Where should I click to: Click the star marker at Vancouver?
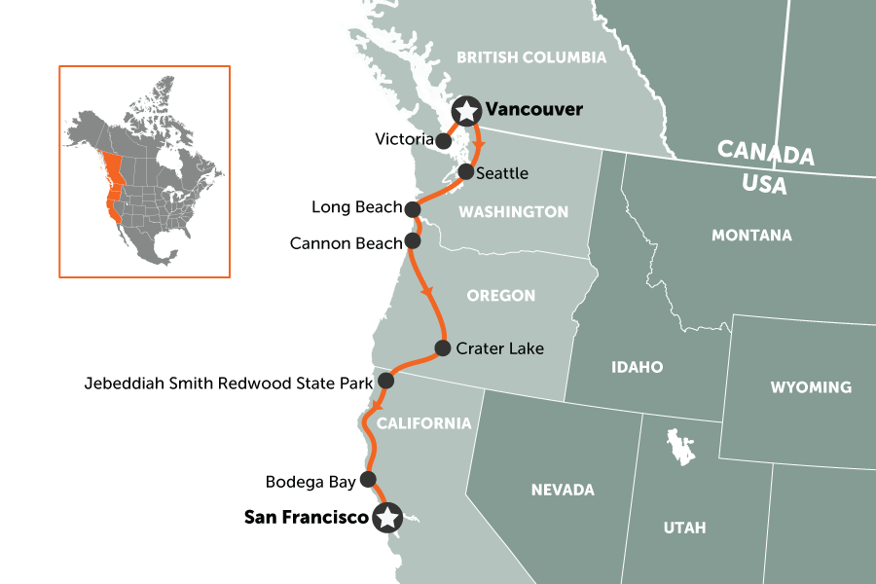467,111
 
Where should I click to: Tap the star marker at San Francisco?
388,518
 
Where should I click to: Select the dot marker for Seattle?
466,172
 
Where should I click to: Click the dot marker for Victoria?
444,140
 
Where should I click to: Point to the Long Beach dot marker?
413,208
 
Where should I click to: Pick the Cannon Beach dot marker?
413,239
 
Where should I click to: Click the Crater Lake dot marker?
442,347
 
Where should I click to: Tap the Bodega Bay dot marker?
368,479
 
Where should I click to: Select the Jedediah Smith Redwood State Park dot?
385,380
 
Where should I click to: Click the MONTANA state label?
751,236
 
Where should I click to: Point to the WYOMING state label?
810,387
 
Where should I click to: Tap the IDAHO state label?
638,367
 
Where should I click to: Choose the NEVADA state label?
563,490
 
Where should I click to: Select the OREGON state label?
501,295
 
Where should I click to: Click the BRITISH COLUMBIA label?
531,57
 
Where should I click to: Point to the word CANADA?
765,154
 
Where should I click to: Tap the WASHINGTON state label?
514,211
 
